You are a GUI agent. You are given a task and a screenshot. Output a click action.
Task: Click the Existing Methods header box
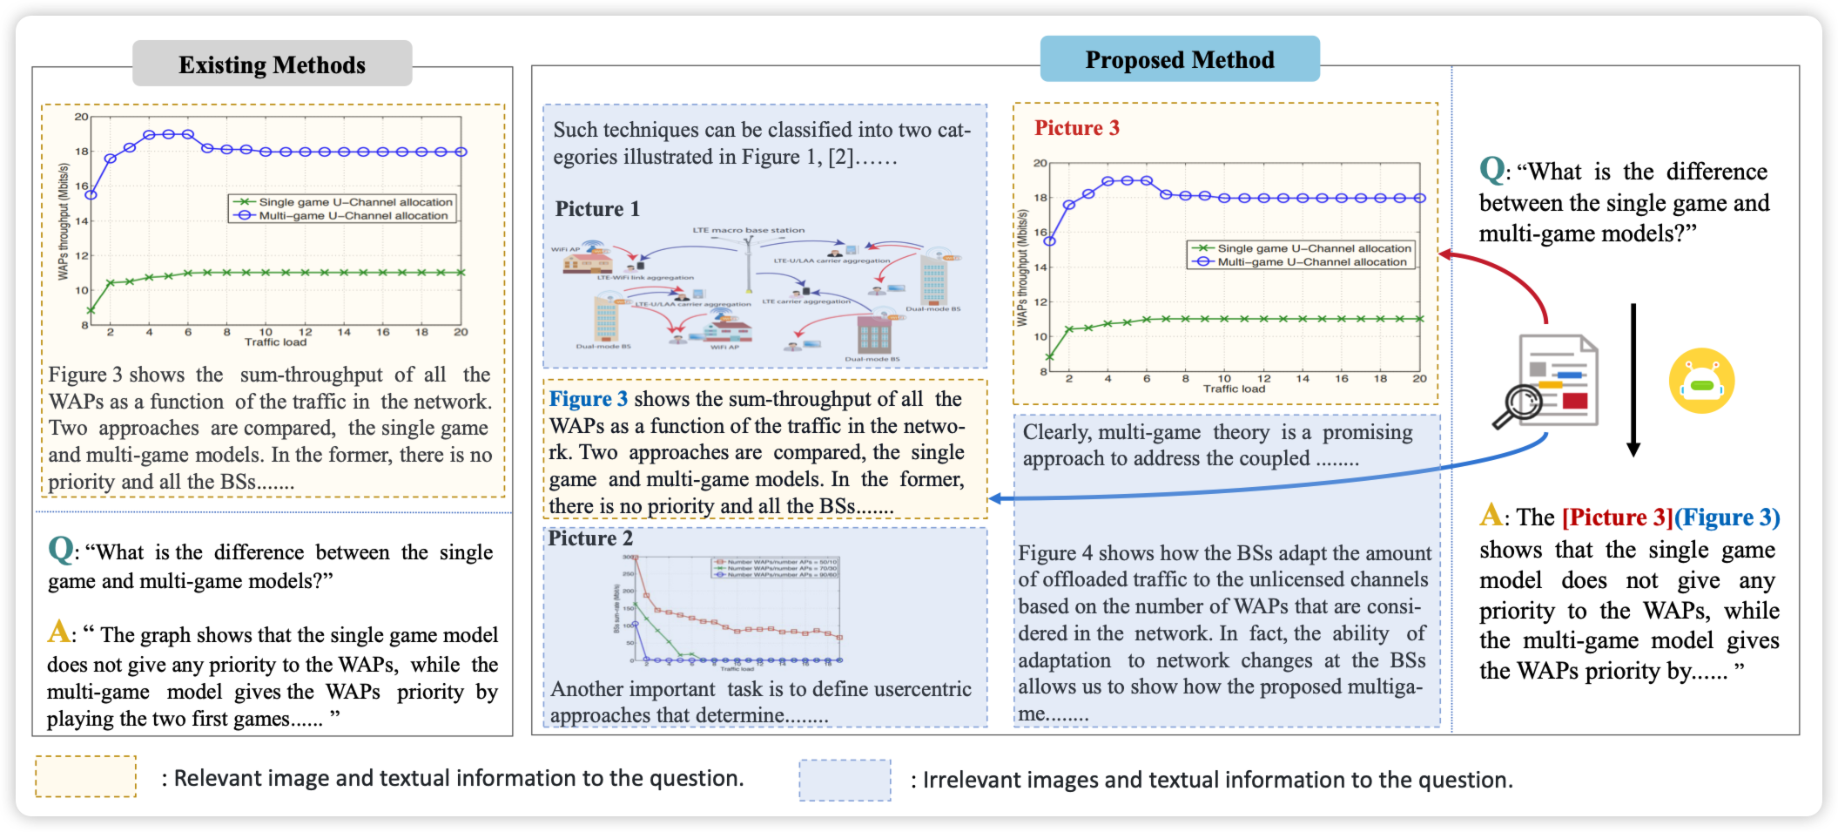click(272, 64)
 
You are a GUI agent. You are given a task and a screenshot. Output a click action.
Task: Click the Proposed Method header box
click(1179, 59)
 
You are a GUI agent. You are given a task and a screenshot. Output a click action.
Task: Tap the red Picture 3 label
click(1076, 128)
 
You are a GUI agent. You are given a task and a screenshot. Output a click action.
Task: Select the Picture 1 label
click(597, 209)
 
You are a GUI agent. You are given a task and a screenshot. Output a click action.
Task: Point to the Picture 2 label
click(589, 538)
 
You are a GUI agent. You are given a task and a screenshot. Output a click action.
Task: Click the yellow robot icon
click(1701, 382)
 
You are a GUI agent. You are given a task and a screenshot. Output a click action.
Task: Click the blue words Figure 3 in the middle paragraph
click(588, 399)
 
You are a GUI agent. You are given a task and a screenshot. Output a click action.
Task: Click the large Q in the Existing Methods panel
click(61, 550)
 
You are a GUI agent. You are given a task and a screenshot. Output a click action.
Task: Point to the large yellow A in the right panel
click(1491, 515)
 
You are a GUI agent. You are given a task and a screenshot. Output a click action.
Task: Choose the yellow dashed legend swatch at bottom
click(85, 776)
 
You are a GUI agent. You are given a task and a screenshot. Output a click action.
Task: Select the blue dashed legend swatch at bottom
click(845, 779)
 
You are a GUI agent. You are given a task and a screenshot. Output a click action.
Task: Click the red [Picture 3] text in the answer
click(1617, 517)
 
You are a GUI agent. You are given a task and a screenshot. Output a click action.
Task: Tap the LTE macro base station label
click(748, 231)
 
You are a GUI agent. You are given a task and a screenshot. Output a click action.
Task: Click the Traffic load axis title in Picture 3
click(1234, 389)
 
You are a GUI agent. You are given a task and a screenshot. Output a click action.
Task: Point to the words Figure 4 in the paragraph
click(1054, 553)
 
